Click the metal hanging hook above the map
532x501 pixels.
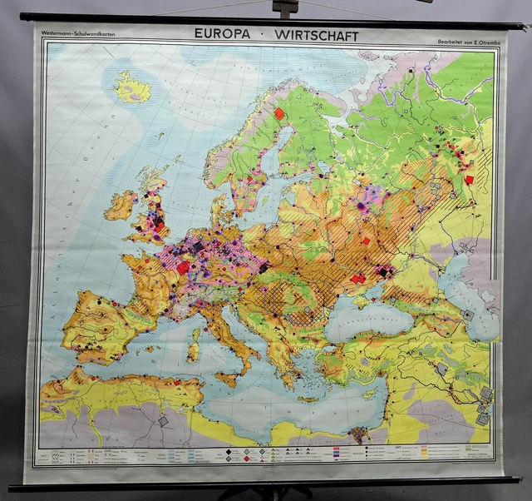tap(285, 8)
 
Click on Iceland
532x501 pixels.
tap(132, 87)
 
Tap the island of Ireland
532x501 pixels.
tap(121, 206)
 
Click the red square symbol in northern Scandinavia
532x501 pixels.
tap(280, 113)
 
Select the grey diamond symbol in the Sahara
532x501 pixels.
tap(163, 422)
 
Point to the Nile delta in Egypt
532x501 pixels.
tap(359, 433)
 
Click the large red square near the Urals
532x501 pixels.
tap(469, 179)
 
